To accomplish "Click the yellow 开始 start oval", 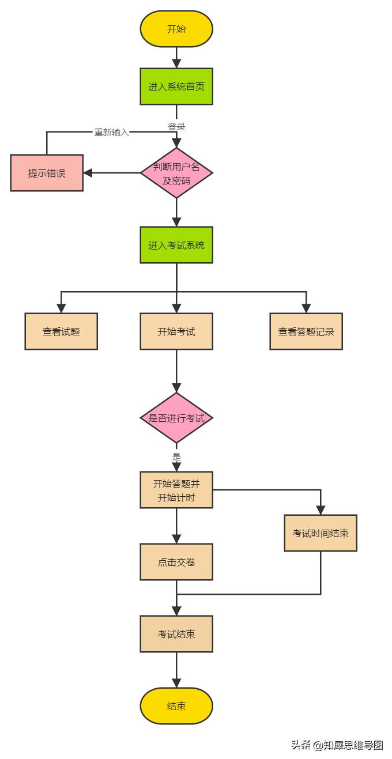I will [x=176, y=29].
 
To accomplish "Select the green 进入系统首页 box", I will [x=176, y=86].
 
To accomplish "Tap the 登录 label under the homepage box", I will [x=176, y=126].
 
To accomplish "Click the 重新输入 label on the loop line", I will [x=112, y=132].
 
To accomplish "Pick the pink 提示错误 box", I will [x=47, y=173].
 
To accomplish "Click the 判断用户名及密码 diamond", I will [x=176, y=173].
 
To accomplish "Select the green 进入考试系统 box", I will [x=176, y=245].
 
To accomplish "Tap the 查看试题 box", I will [x=61, y=331].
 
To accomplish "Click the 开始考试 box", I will [x=176, y=331].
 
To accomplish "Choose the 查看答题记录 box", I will [x=306, y=331].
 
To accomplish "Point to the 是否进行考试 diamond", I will [x=176, y=418].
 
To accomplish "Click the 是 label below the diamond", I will [x=176, y=457].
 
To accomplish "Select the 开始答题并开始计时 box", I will [x=176, y=490].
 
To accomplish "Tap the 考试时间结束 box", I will [x=321, y=533].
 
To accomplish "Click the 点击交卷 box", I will [x=176, y=562].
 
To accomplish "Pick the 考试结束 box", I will [x=176, y=634].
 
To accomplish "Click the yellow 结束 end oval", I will [x=176, y=706].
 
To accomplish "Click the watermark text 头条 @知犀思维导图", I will [x=337, y=745].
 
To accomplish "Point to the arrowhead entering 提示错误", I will [x=88, y=173].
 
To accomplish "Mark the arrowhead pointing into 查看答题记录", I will [x=306, y=309].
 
